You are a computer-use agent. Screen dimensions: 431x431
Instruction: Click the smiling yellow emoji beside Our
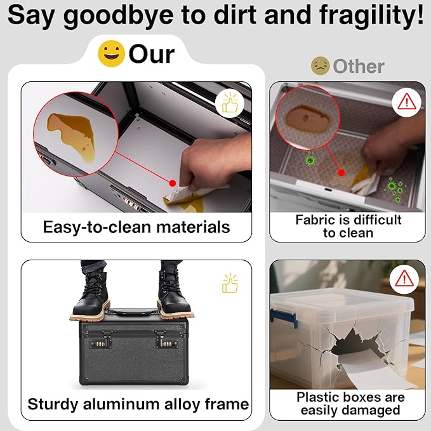(x=111, y=53)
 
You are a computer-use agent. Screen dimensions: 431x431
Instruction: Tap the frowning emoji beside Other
(x=320, y=66)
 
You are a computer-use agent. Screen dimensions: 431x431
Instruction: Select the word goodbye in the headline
(x=118, y=16)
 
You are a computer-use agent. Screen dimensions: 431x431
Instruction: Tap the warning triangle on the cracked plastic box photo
(x=404, y=279)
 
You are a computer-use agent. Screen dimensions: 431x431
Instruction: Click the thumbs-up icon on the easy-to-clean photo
(x=230, y=103)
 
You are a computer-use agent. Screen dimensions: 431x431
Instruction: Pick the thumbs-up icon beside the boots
(x=230, y=283)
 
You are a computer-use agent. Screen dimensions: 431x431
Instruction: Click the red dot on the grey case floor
(x=173, y=183)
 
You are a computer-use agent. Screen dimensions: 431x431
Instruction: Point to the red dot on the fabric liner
(x=341, y=173)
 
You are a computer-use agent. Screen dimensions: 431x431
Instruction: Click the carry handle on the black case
(x=134, y=312)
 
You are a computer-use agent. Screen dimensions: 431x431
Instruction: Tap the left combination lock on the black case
(x=100, y=341)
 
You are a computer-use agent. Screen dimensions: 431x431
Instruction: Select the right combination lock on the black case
(x=167, y=341)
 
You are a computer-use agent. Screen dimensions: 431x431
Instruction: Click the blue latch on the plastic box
(x=283, y=318)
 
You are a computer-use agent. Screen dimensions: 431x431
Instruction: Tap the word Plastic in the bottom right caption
(x=316, y=397)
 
